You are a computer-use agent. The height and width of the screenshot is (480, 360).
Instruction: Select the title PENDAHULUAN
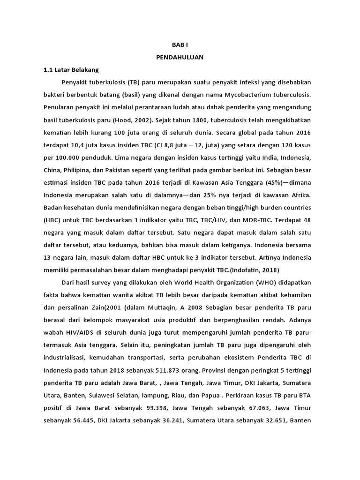180,58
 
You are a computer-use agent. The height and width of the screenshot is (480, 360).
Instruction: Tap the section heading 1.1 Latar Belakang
71,70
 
